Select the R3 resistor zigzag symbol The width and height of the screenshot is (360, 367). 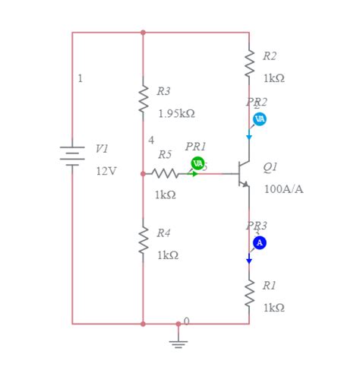(143, 100)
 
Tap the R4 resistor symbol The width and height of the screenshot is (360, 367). (143, 239)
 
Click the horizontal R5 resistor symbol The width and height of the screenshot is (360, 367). (166, 174)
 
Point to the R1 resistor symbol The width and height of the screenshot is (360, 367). (248, 293)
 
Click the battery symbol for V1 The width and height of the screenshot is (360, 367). (72, 156)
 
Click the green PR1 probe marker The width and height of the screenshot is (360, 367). (197, 163)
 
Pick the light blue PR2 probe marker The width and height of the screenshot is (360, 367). (259, 119)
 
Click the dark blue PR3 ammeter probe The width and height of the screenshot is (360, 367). (259, 242)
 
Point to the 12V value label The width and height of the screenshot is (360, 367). (106, 171)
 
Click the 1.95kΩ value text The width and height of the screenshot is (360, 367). (176, 113)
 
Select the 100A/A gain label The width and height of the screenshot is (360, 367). (283, 188)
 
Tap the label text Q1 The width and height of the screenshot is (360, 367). (270, 166)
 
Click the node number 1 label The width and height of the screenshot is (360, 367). (81, 78)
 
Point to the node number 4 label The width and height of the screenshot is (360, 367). (151, 140)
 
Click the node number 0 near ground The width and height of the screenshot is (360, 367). (186, 321)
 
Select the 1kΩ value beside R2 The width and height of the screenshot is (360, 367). (273, 78)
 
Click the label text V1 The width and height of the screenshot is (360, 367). (102, 149)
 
